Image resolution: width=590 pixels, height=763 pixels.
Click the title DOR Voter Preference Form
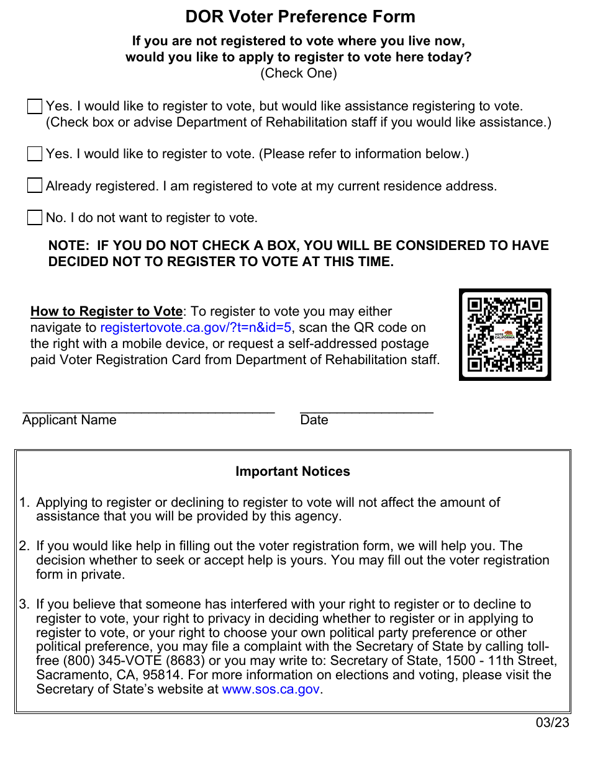[300, 17]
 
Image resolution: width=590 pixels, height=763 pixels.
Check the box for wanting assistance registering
[35, 107]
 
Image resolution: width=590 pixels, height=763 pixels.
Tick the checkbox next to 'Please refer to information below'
[35, 154]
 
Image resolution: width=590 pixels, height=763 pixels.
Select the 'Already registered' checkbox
[35, 185]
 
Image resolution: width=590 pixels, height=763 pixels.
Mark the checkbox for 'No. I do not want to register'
[35, 218]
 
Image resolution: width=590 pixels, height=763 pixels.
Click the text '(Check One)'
[299, 73]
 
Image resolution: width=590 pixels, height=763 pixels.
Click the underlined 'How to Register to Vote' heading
[106, 311]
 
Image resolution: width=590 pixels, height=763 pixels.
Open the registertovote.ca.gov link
[196, 328]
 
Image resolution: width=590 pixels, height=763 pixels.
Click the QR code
[505, 335]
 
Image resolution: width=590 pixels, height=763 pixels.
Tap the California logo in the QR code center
[505, 336]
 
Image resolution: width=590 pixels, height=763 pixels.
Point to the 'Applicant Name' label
[70, 420]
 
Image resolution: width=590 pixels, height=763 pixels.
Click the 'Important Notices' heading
[293, 471]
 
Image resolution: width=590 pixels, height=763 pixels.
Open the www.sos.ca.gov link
[271, 689]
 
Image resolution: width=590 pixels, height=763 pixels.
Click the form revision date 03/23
[553, 722]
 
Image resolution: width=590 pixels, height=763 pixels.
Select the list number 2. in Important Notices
[24, 547]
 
